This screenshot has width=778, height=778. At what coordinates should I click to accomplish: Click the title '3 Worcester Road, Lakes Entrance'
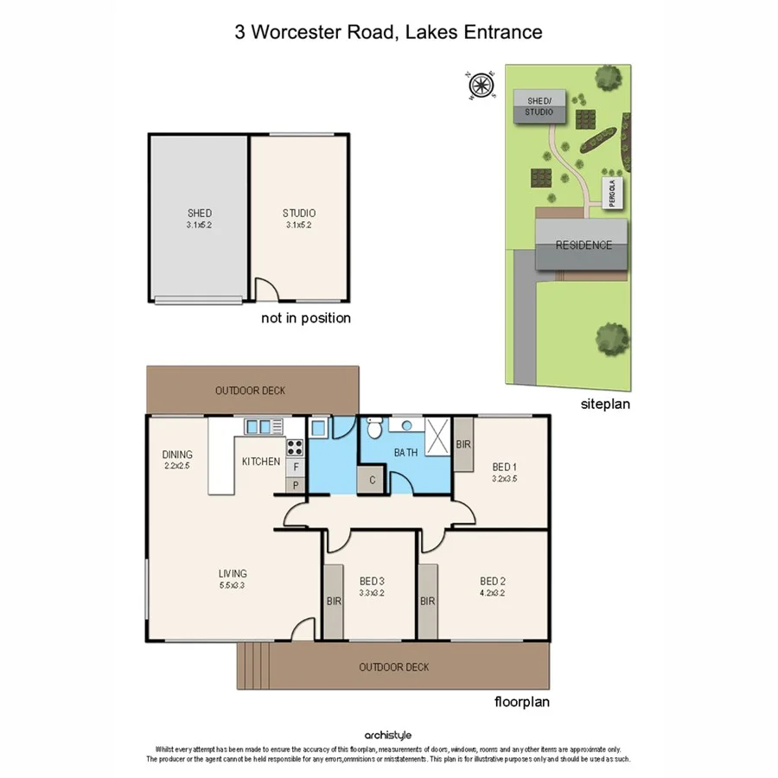click(388, 33)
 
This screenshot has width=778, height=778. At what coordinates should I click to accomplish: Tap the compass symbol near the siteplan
click(481, 85)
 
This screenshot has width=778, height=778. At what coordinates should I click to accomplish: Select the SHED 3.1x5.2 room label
click(199, 218)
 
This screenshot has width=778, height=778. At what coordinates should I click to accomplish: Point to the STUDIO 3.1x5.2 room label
click(299, 218)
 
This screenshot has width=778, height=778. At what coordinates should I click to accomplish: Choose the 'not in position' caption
click(306, 318)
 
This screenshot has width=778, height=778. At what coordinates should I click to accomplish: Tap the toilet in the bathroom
click(374, 428)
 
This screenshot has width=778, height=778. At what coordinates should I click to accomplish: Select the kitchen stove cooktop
click(295, 448)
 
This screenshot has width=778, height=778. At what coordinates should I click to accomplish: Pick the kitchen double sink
click(264, 425)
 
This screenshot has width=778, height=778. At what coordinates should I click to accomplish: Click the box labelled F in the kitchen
click(296, 468)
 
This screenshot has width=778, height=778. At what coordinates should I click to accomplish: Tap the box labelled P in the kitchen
click(296, 485)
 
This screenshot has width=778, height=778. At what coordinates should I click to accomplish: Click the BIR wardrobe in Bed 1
click(463, 444)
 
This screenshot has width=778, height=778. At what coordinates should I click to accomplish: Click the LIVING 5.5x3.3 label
click(233, 578)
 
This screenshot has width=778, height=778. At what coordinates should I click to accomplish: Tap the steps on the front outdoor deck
click(252, 666)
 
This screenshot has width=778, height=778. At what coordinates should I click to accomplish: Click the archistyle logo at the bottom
click(388, 736)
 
